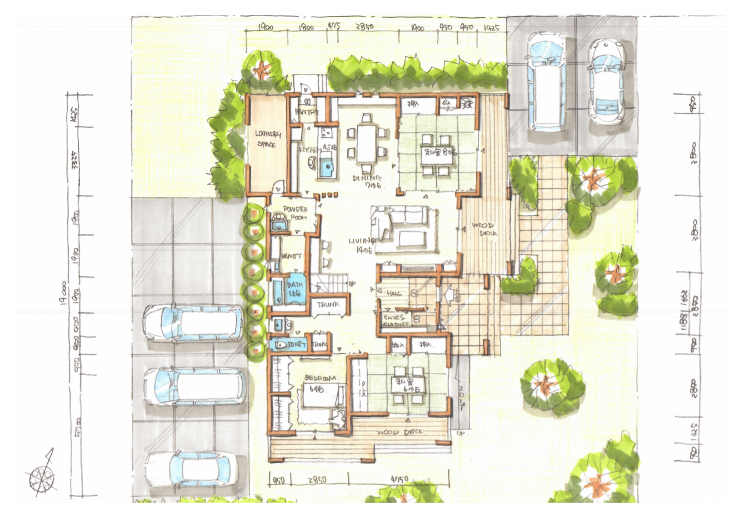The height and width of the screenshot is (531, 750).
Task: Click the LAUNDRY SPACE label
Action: (x=268, y=139)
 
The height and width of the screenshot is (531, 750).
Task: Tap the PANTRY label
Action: (x=306, y=112)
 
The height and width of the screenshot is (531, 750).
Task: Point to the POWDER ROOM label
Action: (x=295, y=213)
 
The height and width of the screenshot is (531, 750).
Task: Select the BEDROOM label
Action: (x=321, y=378)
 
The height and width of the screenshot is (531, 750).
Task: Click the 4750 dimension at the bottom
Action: (x=399, y=479)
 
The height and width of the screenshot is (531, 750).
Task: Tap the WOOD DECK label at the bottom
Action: (x=399, y=432)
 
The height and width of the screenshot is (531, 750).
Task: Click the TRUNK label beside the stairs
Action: (x=328, y=304)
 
